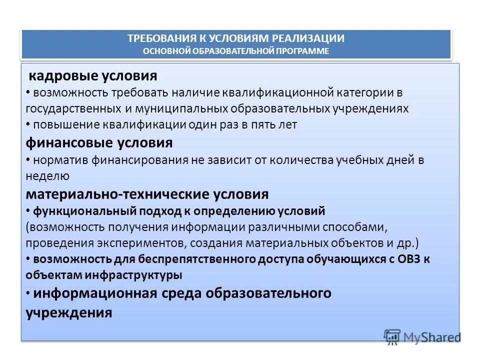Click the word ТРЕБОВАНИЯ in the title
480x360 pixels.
tap(155, 38)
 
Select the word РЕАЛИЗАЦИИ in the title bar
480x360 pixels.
tap(308, 38)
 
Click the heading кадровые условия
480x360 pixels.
tap(92, 76)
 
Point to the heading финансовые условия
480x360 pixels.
tap(99, 143)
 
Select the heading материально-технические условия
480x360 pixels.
tap(147, 194)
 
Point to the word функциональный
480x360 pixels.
tap(71, 210)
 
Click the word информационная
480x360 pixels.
tap(95, 293)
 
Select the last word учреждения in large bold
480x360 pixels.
tap(68, 313)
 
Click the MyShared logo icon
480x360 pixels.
tap(392, 337)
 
